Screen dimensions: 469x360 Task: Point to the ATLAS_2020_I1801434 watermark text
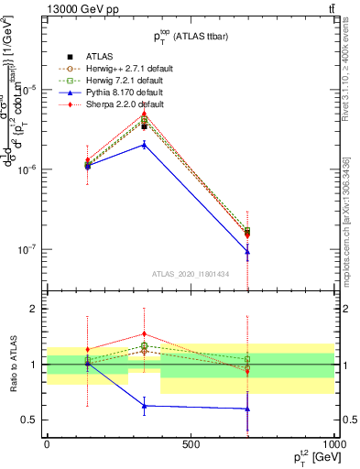coord(190,274)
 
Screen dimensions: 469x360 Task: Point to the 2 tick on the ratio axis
coord(32,309)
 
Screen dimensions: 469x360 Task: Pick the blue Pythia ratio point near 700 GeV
coord(247,409)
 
